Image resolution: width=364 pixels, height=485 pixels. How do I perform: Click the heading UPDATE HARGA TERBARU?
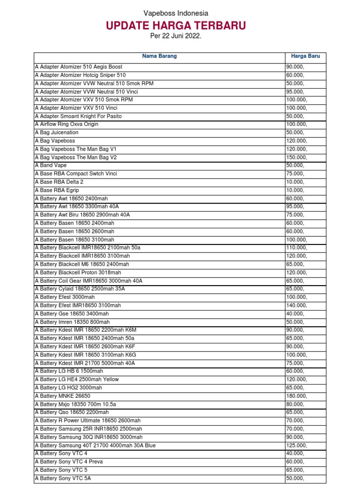(176, 26)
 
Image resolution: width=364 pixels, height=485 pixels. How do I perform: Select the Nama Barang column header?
(159, 56)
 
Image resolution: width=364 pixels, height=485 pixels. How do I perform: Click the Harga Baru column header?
(305, 56)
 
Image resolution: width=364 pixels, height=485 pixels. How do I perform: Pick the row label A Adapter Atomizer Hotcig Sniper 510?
(81, 75)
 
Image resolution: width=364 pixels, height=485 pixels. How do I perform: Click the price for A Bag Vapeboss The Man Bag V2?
(296, 157)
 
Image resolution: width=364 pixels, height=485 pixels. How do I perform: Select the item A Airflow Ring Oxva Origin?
(67, 124)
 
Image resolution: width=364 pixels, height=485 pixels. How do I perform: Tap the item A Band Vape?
(51, 165)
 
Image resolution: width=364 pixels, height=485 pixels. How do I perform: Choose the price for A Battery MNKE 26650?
(296, 396)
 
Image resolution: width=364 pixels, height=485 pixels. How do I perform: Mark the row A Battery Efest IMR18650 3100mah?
(78, 305)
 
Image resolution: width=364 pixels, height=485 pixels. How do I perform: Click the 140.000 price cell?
(296, 305)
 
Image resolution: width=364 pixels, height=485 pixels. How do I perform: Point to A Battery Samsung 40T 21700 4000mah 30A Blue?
(95, 445)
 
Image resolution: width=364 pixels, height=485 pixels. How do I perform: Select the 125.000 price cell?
(296, 445)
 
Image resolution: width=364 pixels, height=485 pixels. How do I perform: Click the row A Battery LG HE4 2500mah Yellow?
(77, 379)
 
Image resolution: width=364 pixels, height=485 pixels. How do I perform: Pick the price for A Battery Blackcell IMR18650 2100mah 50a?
(296, 248)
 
